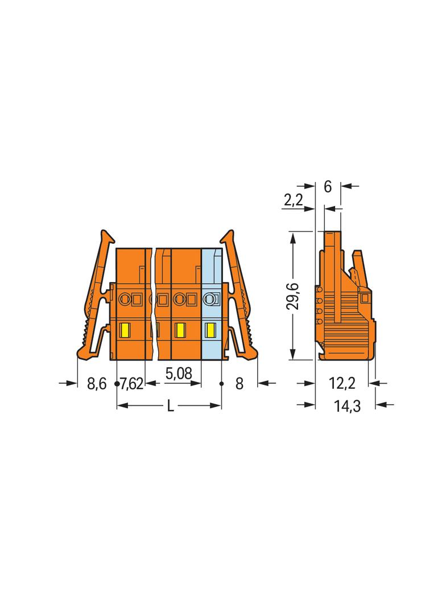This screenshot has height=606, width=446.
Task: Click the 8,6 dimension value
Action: point(96,384)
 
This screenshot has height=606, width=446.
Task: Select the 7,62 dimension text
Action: point(131,384)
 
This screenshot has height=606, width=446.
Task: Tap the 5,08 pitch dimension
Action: point(178,373)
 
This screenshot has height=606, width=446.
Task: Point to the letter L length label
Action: point(170,406)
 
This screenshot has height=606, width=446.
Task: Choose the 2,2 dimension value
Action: point(294,200)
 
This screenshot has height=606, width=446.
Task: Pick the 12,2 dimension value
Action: point(342,383)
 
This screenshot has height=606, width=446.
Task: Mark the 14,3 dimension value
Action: point(347,406)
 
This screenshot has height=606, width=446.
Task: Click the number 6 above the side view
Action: point(328,186)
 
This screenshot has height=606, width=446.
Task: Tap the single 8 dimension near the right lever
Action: point(239,384)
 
